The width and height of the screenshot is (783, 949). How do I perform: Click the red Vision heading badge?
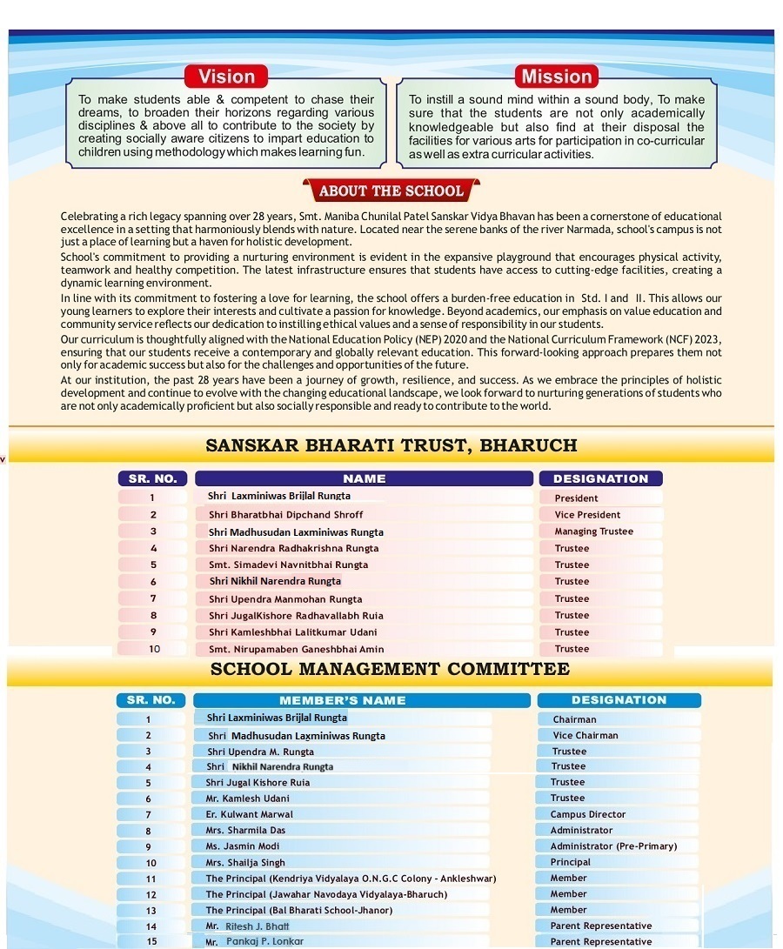click(x=226, y=77)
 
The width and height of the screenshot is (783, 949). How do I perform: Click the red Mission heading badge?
click(x=556, y=77)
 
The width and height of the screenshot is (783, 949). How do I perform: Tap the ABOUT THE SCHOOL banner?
click(x=391, y=191)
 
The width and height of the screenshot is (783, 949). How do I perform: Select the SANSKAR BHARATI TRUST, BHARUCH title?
click(x=391, y=446)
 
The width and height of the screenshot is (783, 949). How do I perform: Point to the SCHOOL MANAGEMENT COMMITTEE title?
click(x=390, y=669)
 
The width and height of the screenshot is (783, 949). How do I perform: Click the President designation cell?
click(x=576, y=498)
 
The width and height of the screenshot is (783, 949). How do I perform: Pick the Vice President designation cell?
click(x=587, y=515)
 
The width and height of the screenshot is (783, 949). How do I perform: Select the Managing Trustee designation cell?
click(x=593, y=531)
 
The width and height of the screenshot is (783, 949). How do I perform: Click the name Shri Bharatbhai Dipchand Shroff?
click(x=285, y=515)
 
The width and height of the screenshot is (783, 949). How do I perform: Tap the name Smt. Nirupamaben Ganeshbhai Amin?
click(x=296, y=649)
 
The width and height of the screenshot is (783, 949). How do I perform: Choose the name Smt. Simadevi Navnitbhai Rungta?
click(x=288, y=565)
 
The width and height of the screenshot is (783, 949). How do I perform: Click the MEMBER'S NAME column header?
click(x=342, y=700)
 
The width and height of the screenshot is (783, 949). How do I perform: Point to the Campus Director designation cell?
click(x=587, y=814)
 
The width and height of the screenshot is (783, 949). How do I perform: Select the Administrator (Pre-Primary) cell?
click(x=613, y=846)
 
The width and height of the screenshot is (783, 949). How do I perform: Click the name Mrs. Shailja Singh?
click(x=245, y=863)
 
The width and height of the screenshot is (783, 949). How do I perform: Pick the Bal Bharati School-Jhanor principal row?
click(x=298, y=910)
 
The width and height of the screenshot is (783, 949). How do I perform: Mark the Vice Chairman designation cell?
click(x=585, y=736)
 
